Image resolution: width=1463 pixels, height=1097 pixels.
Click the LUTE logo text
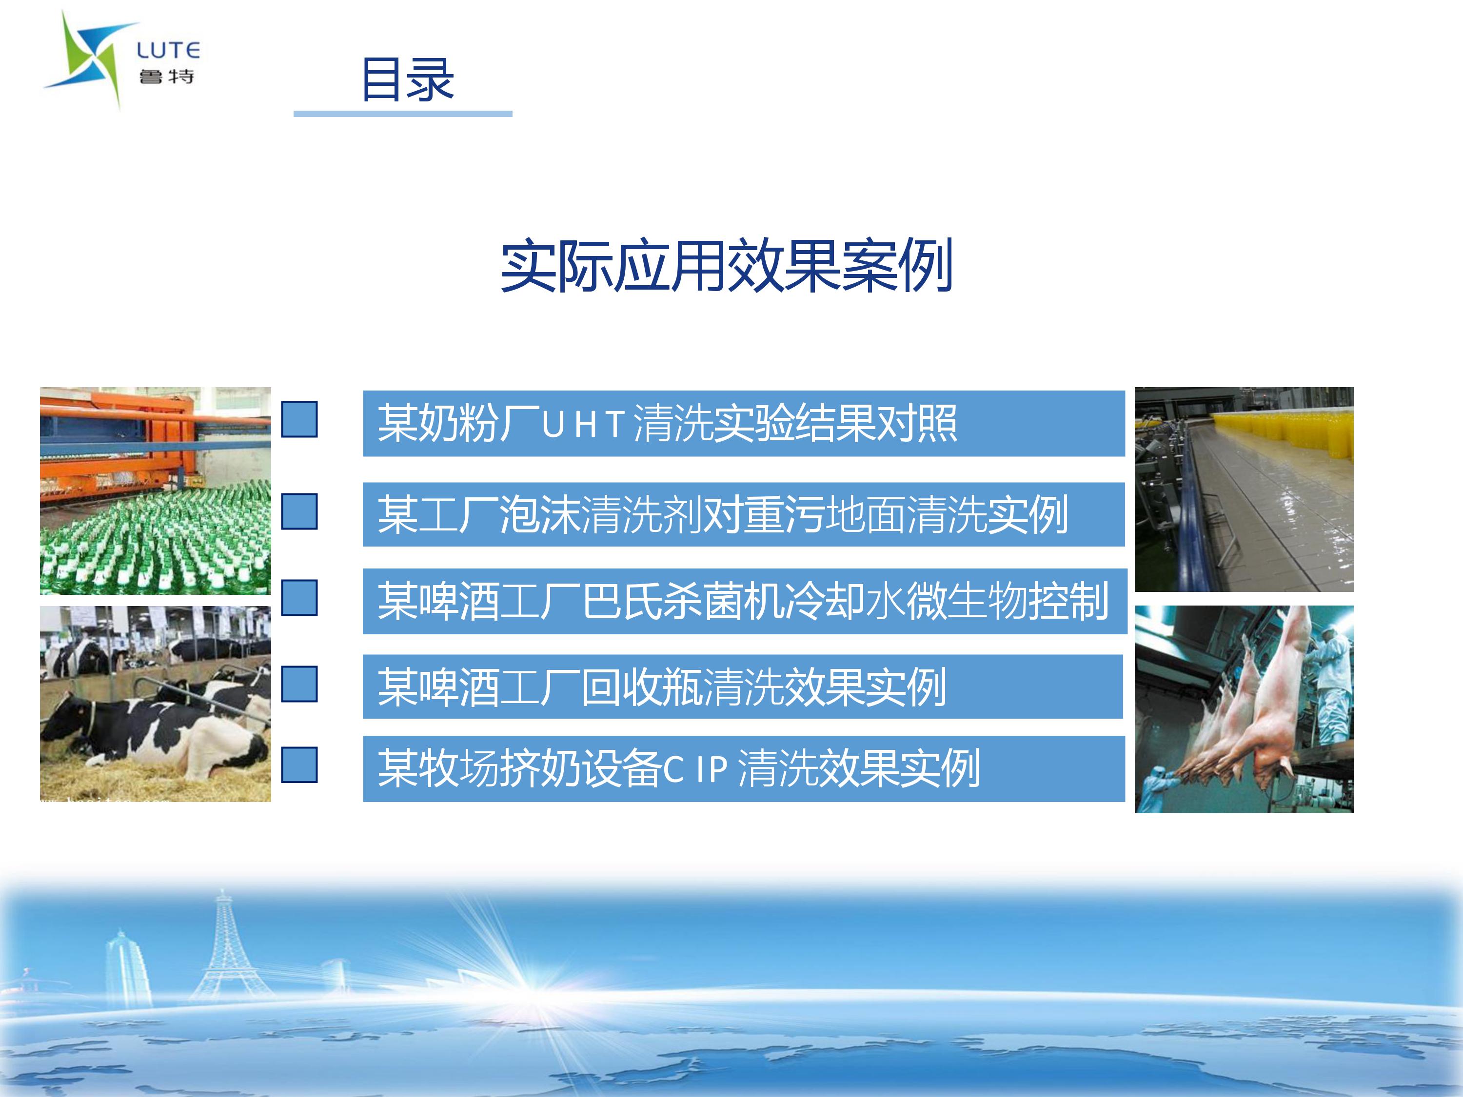pos(168,50)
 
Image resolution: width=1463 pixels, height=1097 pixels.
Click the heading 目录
pos(407,79)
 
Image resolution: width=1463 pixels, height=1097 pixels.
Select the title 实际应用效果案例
pos(726,265)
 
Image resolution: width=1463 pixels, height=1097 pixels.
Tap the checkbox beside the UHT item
pos(299,419)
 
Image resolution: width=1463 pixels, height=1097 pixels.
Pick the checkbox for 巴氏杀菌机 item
pos(299,598)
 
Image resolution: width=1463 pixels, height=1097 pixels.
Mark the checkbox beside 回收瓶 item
pos(299,684)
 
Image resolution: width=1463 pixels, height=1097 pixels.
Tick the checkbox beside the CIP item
pos(299,765)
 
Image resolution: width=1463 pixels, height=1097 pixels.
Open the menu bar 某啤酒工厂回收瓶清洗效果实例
pos(743,686)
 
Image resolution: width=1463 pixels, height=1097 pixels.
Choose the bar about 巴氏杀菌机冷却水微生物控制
pos(745,601)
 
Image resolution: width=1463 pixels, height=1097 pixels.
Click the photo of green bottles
pos(156,490)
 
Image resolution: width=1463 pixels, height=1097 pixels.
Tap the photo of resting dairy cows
pos(156,704)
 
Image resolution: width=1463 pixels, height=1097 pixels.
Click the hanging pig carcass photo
pos(1244,709)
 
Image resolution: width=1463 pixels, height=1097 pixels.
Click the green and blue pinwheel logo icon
pos(91,58)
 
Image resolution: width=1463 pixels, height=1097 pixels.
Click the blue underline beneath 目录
pos(403,114)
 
